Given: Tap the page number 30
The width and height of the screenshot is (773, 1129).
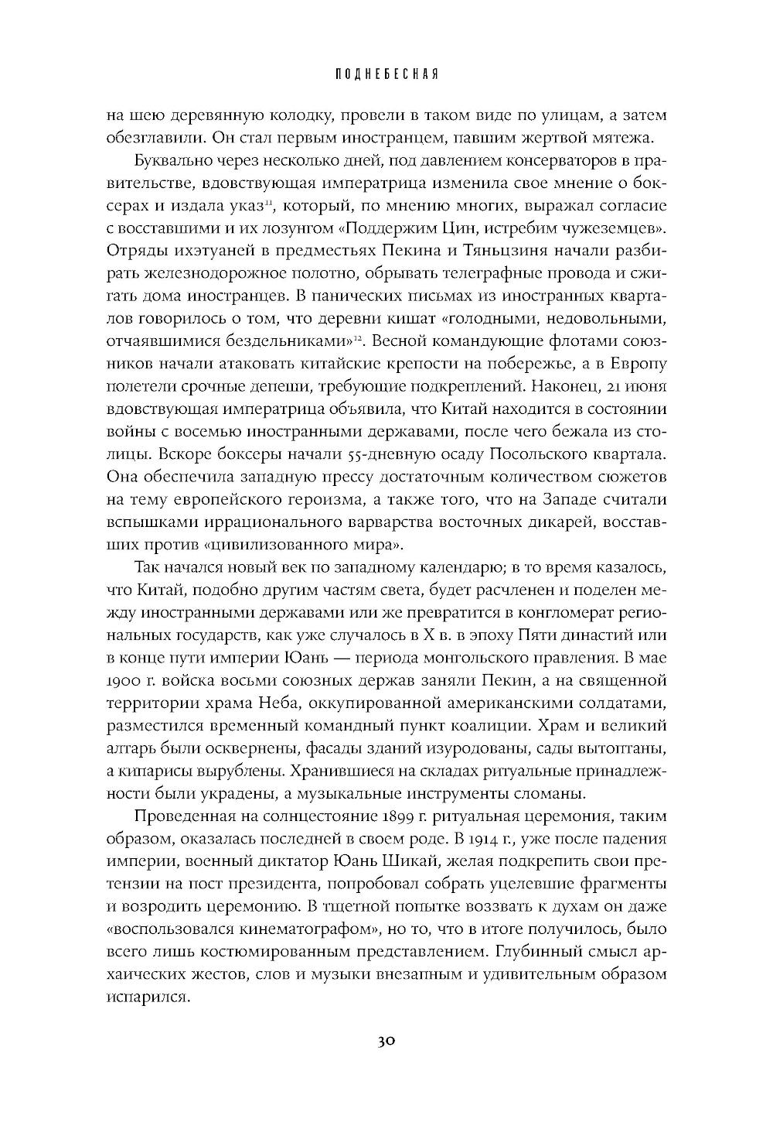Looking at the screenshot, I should [x=386, y=1041].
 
